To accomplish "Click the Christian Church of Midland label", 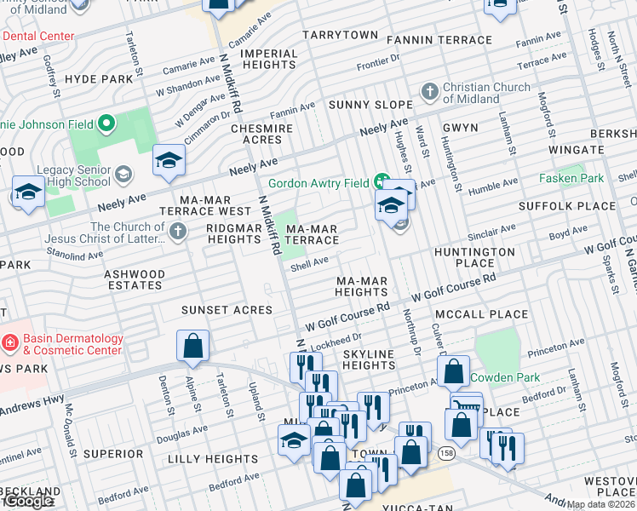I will tap(470, 92).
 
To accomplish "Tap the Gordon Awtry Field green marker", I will tap(383, 183).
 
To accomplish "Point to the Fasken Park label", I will tap(571, 178).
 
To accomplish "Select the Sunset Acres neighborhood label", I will tap(227, 310).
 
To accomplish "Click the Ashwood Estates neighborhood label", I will tap(134, 280).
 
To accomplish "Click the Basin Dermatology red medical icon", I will tap(10, 344).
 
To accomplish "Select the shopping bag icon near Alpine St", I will tap(192, 347).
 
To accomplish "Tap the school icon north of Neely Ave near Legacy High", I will tap(169, 159).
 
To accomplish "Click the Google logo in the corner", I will tap(28, 501).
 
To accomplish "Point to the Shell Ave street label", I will tap(309, 264).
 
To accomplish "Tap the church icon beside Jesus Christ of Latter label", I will tap(177, 231).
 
